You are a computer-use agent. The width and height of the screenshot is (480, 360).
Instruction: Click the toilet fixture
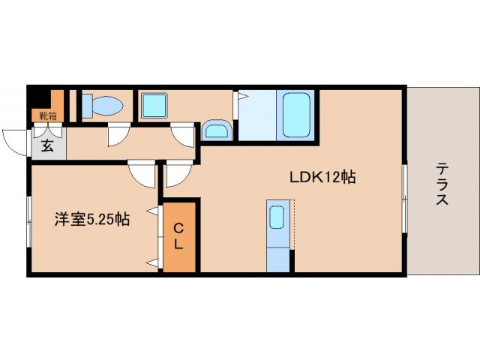pos(99,106)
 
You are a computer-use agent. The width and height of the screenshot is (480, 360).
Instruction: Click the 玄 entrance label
pos(46,145)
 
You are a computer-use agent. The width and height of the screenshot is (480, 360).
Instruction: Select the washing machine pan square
pos(156,106)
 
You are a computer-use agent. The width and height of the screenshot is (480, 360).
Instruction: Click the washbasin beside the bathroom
pos(217,131)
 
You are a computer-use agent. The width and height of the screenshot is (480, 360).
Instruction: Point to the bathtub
pos(298,115)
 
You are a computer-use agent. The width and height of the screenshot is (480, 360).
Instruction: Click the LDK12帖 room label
pos(322,178)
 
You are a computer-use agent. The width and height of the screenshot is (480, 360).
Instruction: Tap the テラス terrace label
pos(442,184)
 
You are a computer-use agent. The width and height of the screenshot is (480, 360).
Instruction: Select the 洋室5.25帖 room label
pos(91,220)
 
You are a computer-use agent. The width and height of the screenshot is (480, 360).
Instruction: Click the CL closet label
pos(180,236)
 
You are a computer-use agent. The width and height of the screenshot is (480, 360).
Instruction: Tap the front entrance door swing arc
pos(16,141)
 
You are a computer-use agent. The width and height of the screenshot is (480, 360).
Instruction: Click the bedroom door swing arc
pos(141,173)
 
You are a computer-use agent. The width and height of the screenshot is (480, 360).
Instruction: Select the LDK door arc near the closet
pos(178,174)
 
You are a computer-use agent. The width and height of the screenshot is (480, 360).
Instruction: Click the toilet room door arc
pos(117,136)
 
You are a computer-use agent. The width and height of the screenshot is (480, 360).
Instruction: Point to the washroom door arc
pos(182,135)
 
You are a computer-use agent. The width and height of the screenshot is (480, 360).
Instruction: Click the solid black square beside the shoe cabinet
pos(38,98)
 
